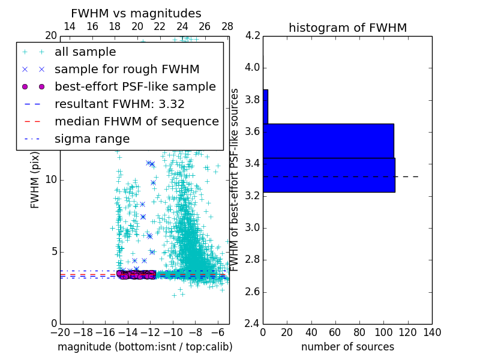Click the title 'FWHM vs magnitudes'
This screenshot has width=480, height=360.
click(136, 13)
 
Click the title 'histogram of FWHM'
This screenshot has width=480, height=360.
click(347, 28)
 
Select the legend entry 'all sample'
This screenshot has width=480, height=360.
click(85, 52)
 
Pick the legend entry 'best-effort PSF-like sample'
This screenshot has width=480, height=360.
click(135, 87)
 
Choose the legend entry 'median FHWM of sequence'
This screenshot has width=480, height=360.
click(136, 122)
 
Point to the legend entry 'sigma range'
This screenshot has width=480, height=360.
click(92, 139)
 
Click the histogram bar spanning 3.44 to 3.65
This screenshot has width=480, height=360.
click(328, 141)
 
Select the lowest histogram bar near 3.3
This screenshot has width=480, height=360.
click(329, 175)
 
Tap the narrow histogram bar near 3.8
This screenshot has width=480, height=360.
click(265, 107)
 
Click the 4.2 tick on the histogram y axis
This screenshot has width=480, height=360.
click(253, 35)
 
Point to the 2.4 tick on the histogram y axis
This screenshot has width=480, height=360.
click(253, 324)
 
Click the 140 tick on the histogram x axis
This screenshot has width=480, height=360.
click(432, 332)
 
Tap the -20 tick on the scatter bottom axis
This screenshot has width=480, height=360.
click(60, 332)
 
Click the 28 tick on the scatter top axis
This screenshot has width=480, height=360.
click(227, 27)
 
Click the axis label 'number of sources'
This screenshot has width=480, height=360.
click(347, 347)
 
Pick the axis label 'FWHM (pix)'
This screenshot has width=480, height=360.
click(35, 179)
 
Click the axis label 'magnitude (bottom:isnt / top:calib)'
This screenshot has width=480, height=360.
click(145, 347)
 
